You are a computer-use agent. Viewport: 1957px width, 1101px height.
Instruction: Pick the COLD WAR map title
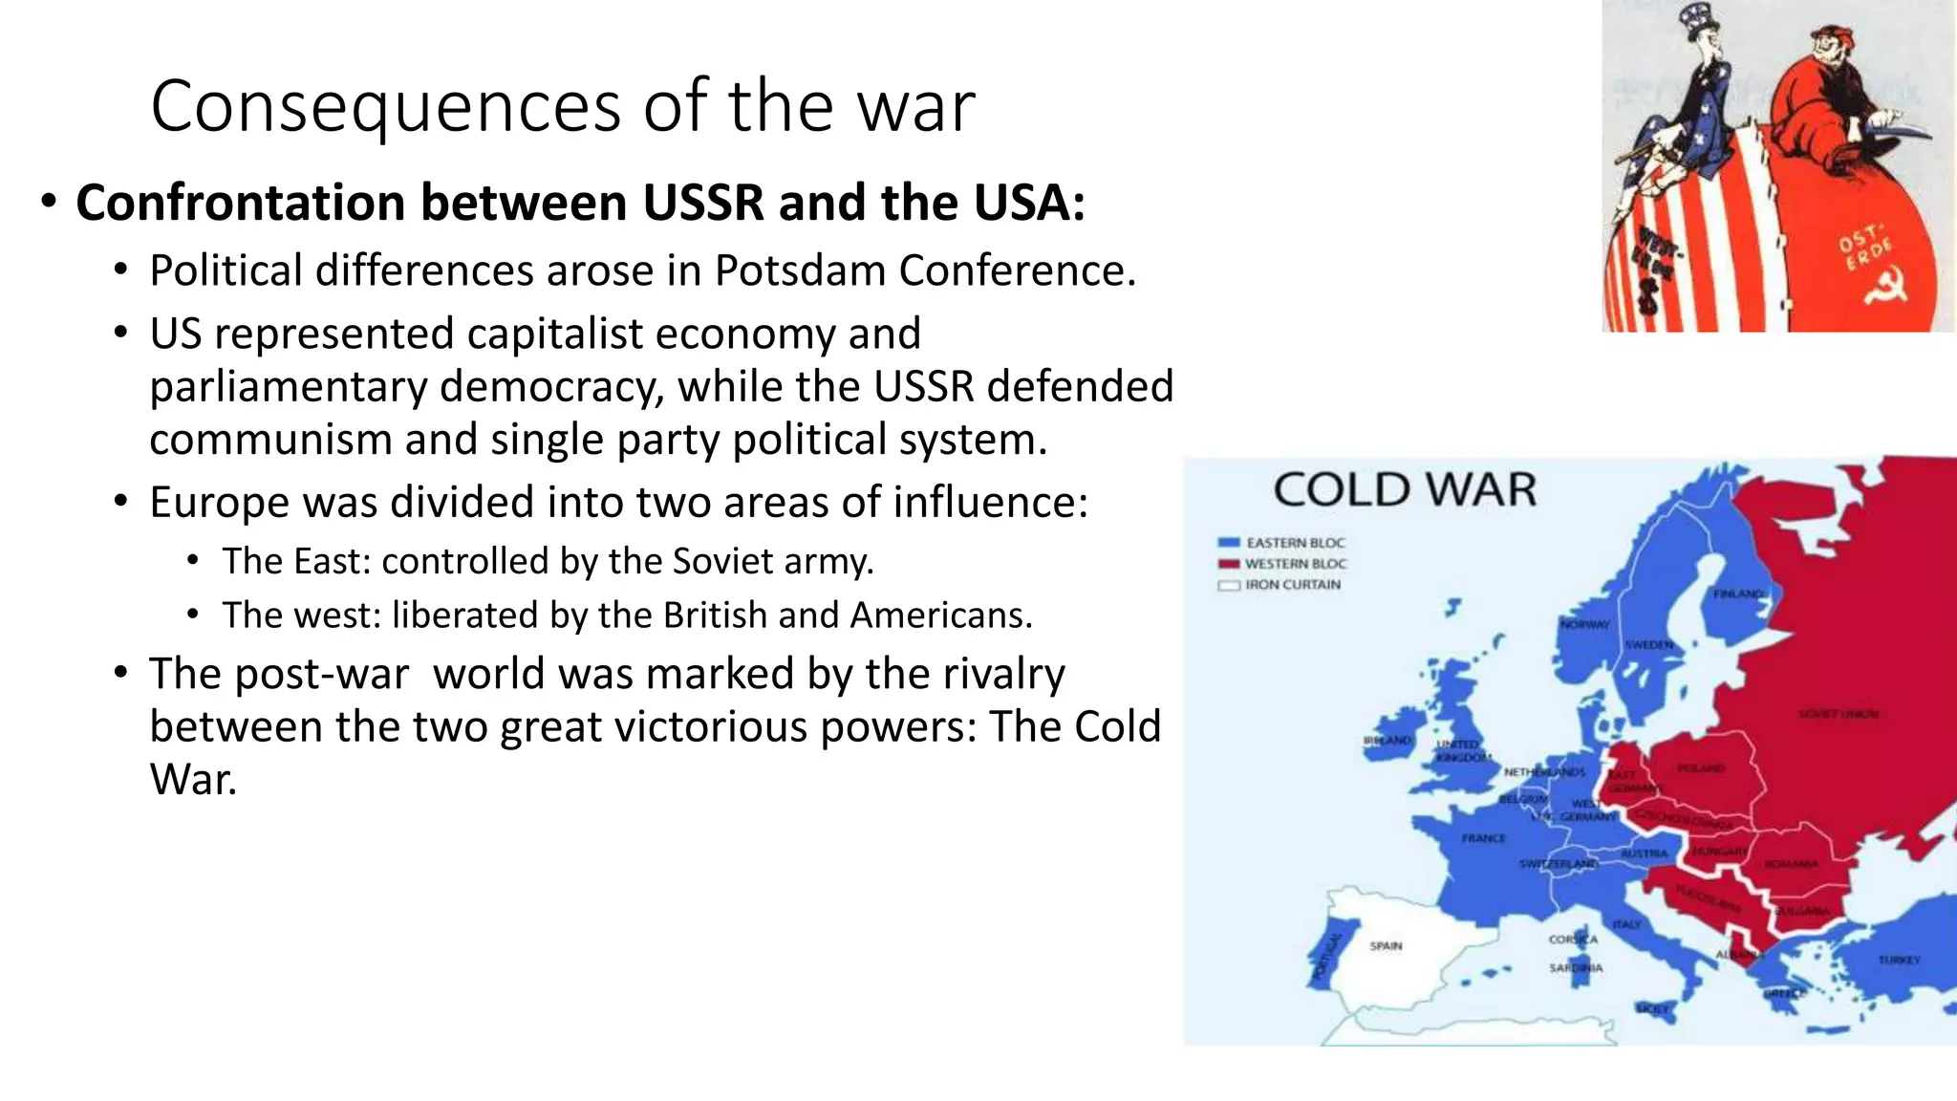tap(1405, 490)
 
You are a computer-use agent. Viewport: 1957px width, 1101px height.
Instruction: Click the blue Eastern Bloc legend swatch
tap(1229, 543)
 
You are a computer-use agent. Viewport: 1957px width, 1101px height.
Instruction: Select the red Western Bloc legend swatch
tap(1229, 564)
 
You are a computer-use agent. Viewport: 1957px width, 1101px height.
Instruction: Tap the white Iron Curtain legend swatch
tap(1229, 585)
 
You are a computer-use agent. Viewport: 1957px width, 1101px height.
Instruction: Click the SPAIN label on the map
tap(1386, 946)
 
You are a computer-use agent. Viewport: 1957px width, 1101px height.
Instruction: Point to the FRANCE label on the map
tap(1483, 838)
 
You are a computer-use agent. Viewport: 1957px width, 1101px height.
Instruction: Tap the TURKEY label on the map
tap(1899, 960)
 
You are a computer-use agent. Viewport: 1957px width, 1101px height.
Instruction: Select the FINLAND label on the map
tap(1738, 594)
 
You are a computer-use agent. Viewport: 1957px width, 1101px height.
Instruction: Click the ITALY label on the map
tap(1626, 924)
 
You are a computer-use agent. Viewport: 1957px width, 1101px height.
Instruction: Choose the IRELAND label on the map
tap(1387, 741)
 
